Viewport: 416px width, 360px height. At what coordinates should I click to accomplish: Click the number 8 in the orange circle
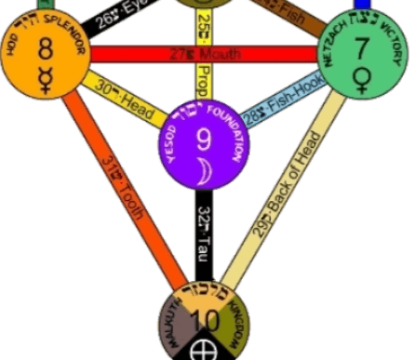click(44, 50)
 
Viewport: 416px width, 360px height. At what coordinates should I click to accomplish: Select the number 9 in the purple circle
click(203, 140)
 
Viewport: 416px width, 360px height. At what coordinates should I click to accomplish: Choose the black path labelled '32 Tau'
click(204, 232)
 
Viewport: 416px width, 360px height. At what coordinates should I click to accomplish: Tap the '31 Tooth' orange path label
click(127, 196)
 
